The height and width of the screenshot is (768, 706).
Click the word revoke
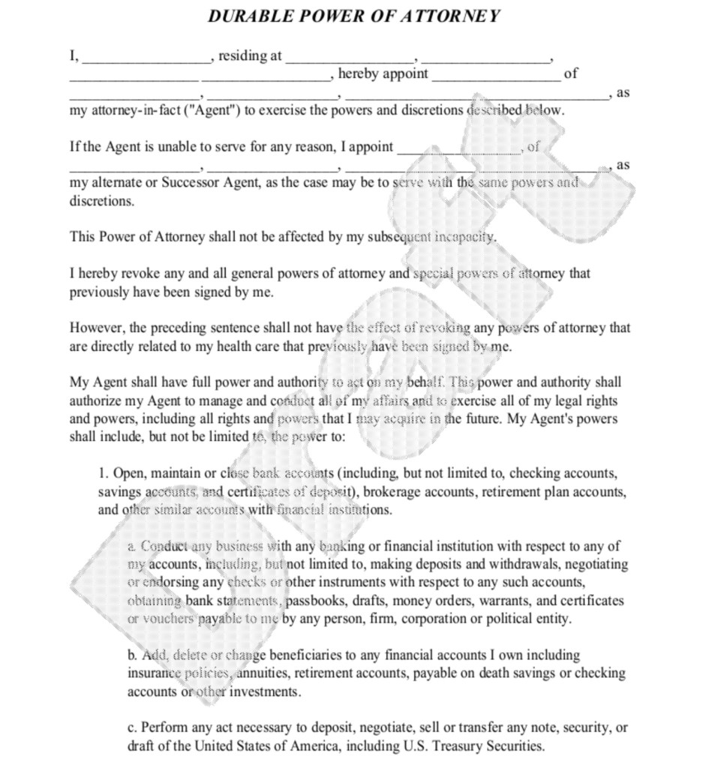(136, 274)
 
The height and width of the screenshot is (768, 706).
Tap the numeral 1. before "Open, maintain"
(104, 473)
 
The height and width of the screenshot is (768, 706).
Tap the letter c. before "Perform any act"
(132, 727)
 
